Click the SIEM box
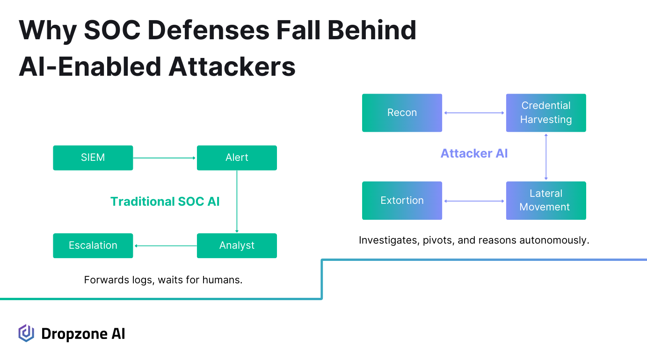93,158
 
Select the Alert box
237,158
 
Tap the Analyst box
237,245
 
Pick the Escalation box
93,245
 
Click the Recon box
402,113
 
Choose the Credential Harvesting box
546,113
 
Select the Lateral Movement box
546,201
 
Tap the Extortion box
402,201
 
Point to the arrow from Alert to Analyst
237,202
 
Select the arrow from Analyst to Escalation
165,245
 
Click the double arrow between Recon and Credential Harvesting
474,113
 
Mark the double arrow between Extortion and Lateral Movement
474,201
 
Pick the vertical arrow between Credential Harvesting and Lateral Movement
546,157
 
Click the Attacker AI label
474,153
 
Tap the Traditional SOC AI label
165,202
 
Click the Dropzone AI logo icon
26,333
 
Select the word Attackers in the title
232,66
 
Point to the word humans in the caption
224,280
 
